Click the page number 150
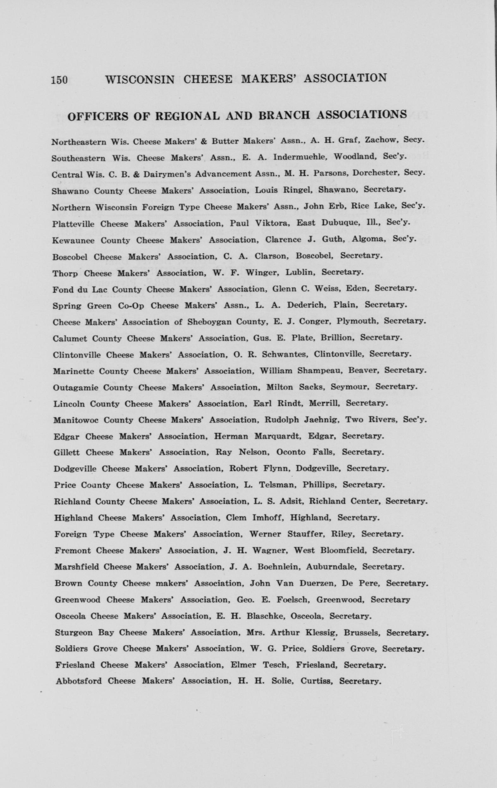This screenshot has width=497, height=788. pyautogui.click(x=59, y=80)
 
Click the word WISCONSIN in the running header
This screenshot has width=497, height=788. pyautogui.click(x=140, y=79)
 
